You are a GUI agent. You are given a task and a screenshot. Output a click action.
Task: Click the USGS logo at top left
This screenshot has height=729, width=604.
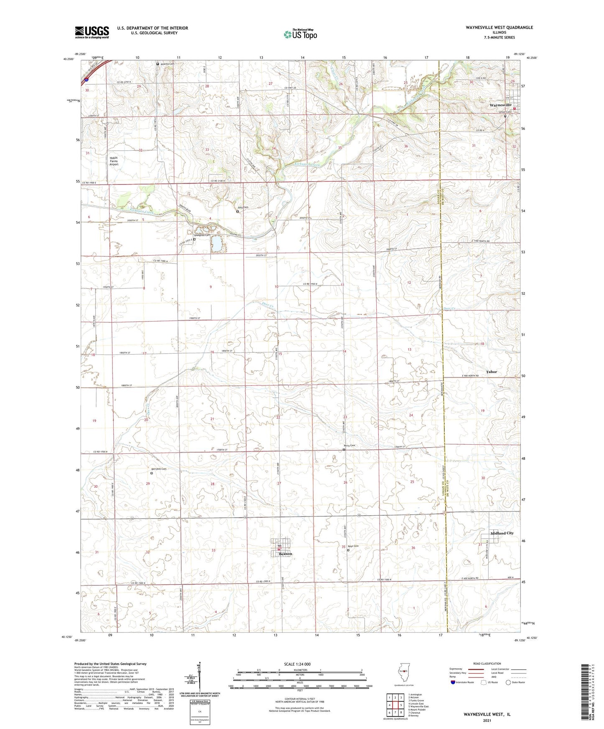pos(92,32)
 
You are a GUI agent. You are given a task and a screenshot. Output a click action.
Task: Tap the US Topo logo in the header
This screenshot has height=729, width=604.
pos(300,34)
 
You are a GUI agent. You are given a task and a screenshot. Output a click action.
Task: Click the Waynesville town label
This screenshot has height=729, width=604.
pos(500,105)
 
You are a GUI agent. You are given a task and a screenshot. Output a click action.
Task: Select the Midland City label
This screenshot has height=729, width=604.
pos(502,533)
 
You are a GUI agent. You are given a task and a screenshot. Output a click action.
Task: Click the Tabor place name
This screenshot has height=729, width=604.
pos(491,372)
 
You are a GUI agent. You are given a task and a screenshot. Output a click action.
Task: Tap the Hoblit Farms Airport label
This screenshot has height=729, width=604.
pos(114,161)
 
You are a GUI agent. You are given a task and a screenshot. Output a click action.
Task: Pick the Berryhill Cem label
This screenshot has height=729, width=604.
pos(158,469)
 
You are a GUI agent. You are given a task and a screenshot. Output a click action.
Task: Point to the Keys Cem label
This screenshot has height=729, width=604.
pos(353,546)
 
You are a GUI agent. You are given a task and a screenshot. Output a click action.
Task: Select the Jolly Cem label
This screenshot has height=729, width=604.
pos(242,207)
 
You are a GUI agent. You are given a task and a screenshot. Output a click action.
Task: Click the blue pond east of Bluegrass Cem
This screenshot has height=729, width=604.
pos(217,244)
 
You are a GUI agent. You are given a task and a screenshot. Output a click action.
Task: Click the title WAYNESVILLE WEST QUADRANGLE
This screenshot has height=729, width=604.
pos(499,28)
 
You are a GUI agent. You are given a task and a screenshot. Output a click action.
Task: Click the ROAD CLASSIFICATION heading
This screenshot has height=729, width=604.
pos(487,663)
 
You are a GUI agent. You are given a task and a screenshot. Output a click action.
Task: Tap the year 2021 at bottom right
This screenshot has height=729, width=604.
pos(487,721)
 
